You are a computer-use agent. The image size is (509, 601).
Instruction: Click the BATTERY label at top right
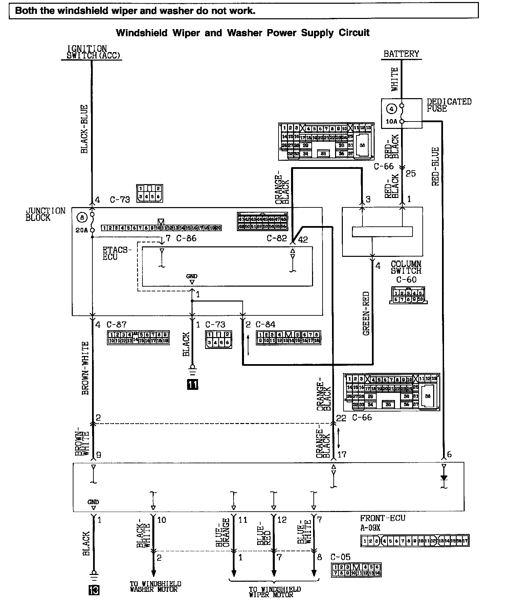[x=401, y=54]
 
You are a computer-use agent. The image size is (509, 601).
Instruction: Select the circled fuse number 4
[x=392, y=109]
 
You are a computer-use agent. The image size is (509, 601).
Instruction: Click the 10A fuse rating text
[x=391, y=121]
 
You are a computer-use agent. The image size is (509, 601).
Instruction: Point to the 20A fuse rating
[x=81, y=230]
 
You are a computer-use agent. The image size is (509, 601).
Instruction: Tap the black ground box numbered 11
[x=193, y=385]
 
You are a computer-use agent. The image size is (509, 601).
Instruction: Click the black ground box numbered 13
[x=94, y=590]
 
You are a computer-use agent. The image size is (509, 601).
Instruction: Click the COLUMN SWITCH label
[x=406, y=267]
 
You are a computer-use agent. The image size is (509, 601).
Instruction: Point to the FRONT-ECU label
[x=382, y=518]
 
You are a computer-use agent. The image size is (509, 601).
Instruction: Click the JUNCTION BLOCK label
[x=45, y=214]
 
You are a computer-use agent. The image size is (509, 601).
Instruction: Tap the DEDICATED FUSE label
[x=449, y=105]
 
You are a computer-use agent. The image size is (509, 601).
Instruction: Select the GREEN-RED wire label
[x=366, y=313]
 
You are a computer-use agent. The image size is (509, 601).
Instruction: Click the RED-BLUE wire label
[x=436, y=166]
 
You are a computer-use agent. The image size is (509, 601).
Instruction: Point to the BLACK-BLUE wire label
[x=84, y=129]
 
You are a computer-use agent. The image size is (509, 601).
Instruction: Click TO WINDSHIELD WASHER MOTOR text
[x=155, y=586]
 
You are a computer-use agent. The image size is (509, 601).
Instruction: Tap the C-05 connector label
[x=340, y=557]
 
